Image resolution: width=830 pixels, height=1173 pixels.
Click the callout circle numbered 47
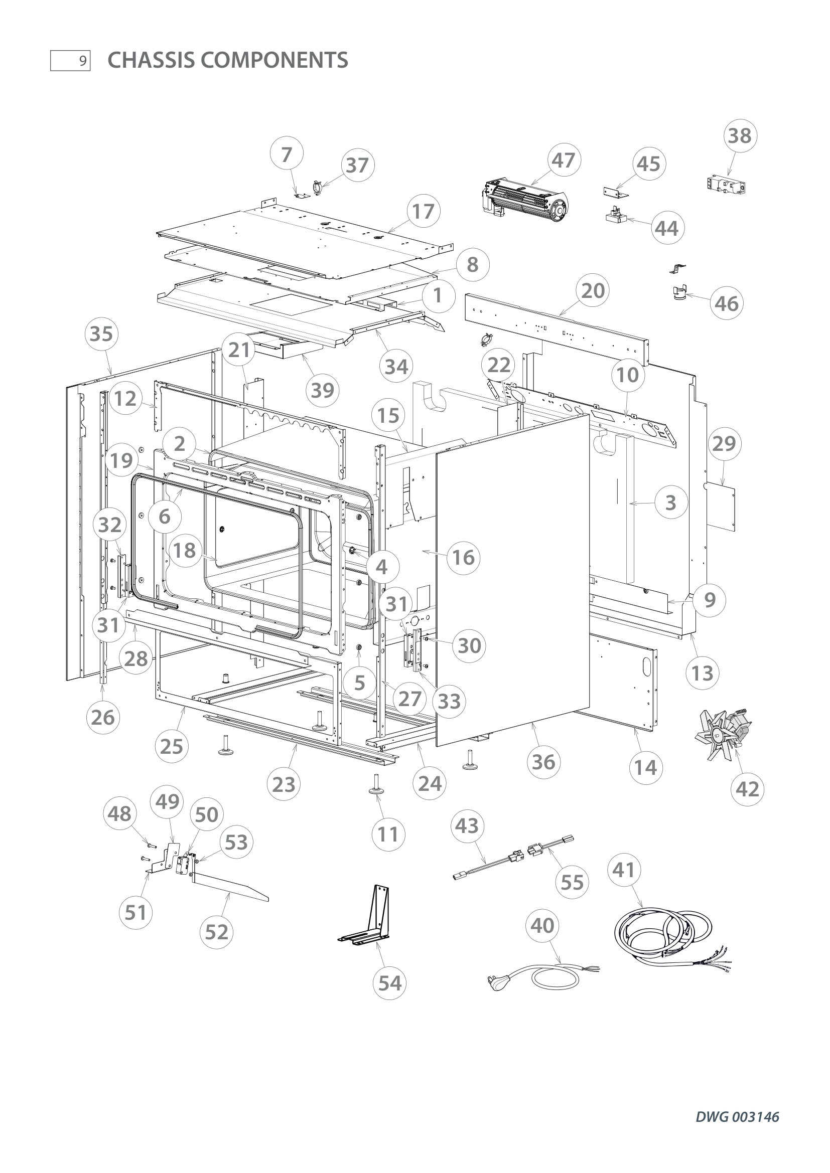(x=564, y=160)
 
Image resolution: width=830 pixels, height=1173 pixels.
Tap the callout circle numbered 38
(x=740, y=136)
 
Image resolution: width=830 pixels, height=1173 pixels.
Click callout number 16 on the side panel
(x=463, y=557)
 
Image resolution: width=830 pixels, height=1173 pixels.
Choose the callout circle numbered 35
(x=101, y=334)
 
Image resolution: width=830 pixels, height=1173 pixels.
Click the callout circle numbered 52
(x=217, y=932)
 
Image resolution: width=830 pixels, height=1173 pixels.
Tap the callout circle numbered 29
(x=724, y=443)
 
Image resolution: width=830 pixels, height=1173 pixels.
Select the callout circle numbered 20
(x=593, y=291)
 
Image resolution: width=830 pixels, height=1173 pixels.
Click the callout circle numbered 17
(x=423, y=211)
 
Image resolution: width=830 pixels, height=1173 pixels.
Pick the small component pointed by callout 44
(x=617, y=217)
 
